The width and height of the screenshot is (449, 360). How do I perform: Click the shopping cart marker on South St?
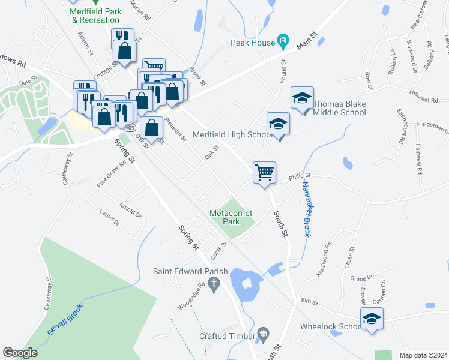[x=264, y=173]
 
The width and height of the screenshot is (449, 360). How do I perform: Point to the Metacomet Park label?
[x=233, y=217]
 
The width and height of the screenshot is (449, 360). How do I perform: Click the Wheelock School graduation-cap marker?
[x=372, y=319]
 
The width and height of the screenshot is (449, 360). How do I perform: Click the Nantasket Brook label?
[x=305, y=210]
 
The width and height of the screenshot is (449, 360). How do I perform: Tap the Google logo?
[x=20, y=353]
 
